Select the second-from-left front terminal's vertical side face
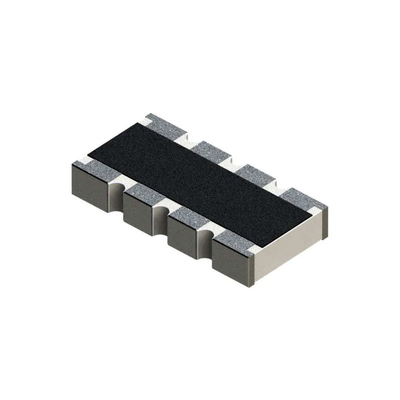[x=136, y=212]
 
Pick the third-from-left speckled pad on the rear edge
[x=252, y=172]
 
